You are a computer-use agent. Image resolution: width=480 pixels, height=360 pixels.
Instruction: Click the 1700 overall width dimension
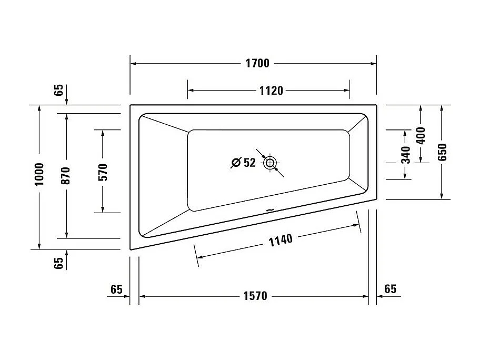(x=257, y=64)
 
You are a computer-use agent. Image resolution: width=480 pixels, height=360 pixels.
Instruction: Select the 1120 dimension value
(x=271, y=91)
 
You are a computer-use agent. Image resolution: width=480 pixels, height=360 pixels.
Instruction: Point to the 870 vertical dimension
(x=66, y=176)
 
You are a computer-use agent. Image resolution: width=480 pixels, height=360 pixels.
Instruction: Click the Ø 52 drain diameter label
(x=243, y=163)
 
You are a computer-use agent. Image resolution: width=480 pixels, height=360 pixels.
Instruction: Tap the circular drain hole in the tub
(x=270, y=163)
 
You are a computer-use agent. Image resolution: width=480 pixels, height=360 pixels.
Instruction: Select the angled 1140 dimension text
(x=280, y=240)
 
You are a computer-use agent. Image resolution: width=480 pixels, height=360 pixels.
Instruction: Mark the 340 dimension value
(x=405, y=155)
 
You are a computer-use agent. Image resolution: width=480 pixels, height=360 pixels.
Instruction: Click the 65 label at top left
(x=58, y=90)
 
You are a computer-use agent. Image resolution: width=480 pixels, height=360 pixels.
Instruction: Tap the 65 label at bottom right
(x=390, y=289)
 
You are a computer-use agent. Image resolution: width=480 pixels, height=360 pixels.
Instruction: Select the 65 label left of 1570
(x=116, y=289)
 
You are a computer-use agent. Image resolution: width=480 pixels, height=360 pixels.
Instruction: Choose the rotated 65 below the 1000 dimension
(x=58, y=263)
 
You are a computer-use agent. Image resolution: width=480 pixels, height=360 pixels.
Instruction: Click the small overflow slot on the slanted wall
(x=270, y=212)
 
